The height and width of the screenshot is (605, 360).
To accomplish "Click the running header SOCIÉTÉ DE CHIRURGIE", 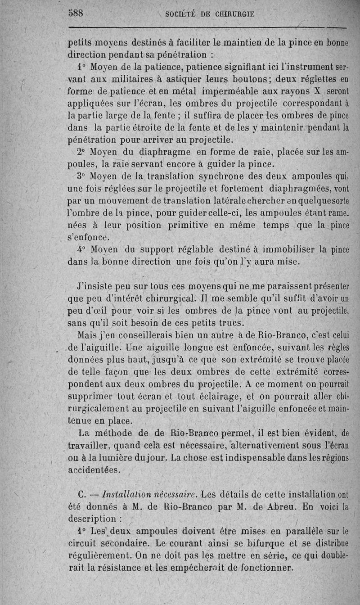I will (x=210, y=14).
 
